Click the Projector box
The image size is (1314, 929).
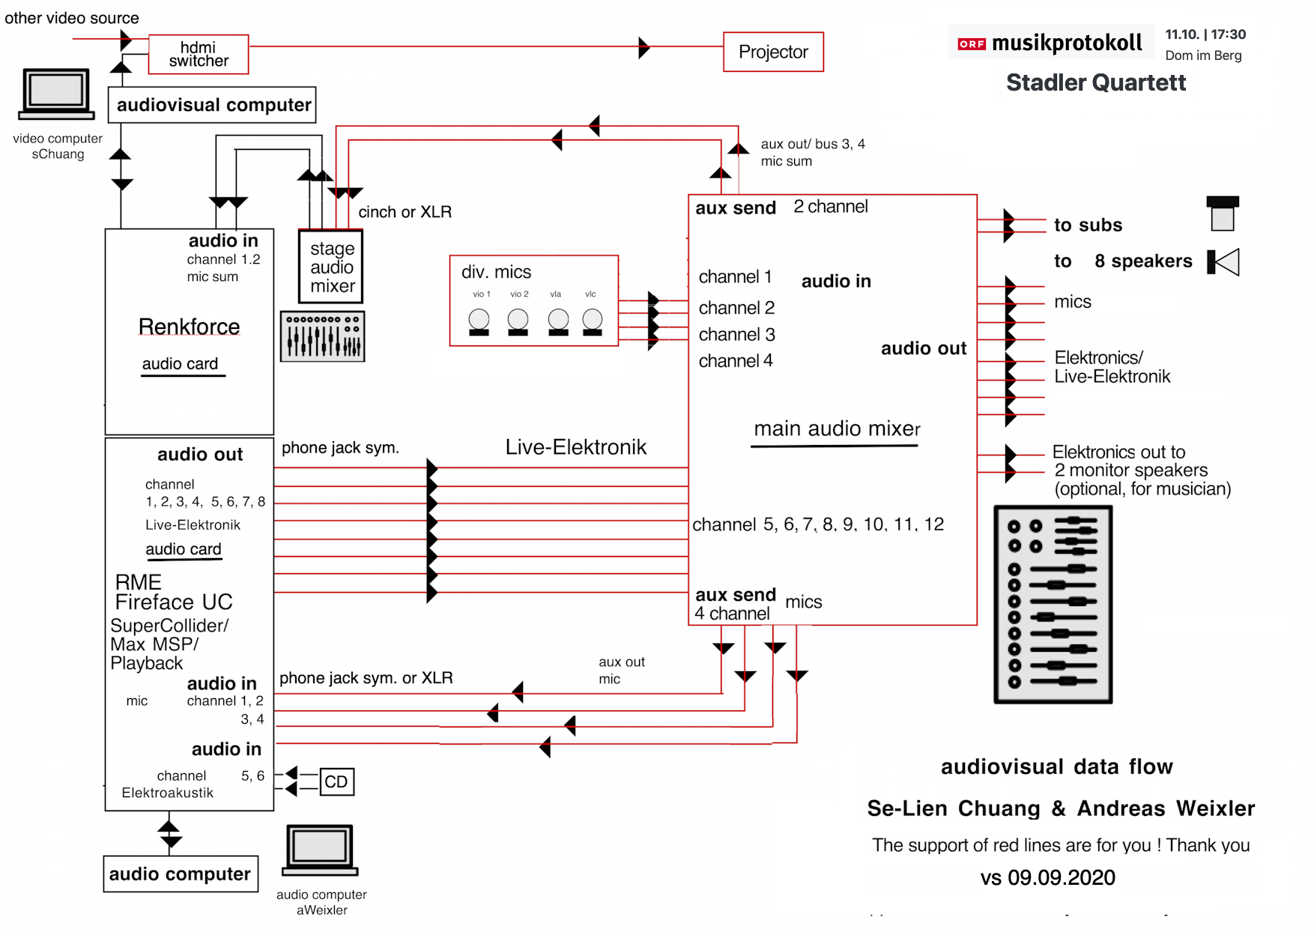(x=773, y=52)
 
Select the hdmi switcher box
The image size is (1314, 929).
(x=199, y=54)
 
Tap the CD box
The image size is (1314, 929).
(x=336, y=781)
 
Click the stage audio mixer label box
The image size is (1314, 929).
(x=330, y=267)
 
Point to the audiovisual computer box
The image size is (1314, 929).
(x=212, y=105)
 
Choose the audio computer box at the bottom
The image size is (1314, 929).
(x=181, y=874)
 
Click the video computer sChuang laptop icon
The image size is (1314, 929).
(x=57, y=94)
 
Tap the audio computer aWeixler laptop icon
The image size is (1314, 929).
(x=320, y=850)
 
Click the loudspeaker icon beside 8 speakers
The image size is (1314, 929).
(x=1223, y=262)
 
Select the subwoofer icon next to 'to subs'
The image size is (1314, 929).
(x=1223, y=214)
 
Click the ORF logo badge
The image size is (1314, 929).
(x=972, y=44)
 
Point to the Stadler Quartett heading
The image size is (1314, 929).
(x=1096, y=82)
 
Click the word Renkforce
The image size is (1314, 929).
(x=190, y=327)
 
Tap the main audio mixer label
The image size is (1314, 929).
(x=837, y=429)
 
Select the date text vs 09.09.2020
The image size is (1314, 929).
(x=1048, y=877)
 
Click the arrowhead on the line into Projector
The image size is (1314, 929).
(x=644, y=47)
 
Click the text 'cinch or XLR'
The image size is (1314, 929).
(x=405, y=212)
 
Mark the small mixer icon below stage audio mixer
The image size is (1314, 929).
(x=322, y=336)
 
